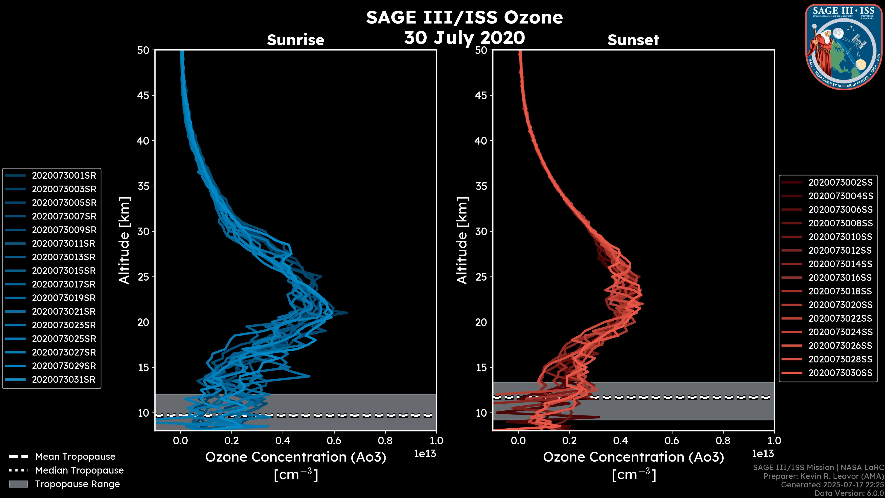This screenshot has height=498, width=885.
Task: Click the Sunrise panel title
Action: (295, 40)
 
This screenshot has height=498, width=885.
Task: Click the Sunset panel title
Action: (633, 40)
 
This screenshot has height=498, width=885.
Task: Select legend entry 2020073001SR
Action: (64, 176)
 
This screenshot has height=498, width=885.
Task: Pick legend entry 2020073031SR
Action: (64, 380)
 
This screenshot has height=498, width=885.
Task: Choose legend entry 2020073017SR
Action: (64, 285)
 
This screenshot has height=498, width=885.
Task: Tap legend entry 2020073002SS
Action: (840, 183)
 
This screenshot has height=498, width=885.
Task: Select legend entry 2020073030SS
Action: (840, 373)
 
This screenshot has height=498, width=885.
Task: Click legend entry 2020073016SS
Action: (840, 278)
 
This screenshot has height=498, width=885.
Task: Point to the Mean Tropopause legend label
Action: (75, 457)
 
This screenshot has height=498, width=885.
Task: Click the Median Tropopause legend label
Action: (79, 471)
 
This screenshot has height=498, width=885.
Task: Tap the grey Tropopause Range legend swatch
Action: (18, 484)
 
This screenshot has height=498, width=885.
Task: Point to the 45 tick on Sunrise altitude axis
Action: (143, 95)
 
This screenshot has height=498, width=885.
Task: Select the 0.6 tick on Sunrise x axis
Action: (334, 441)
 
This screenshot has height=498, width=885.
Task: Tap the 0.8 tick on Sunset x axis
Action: (723, 441)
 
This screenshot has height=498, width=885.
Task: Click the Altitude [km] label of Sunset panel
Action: (462, 240)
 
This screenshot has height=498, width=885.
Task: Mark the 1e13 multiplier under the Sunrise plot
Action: (425, 454)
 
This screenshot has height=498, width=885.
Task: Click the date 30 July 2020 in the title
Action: (464, 38)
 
